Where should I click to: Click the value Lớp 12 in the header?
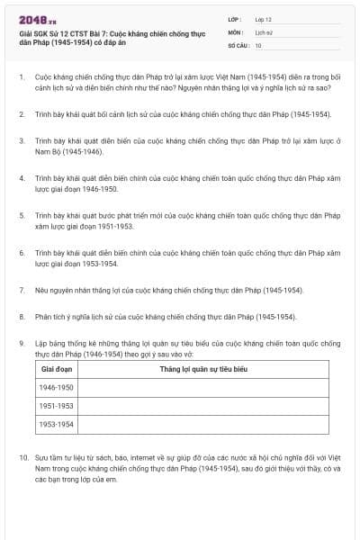point(263,18)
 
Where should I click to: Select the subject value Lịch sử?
point(263,31)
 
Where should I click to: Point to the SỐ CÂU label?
point(238,45)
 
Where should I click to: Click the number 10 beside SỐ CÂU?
point(258,45)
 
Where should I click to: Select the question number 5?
point(22,216)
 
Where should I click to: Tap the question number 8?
point(22,317)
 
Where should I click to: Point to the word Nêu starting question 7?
point(43,291)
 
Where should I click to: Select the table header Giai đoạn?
point(57,369)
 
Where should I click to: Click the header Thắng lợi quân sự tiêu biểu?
point(203,369)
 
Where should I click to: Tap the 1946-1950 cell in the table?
point(56,387)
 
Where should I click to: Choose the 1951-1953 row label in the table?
point(56,406)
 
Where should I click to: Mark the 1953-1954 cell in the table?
point(56,424)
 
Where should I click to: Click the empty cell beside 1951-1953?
point(202,406)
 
